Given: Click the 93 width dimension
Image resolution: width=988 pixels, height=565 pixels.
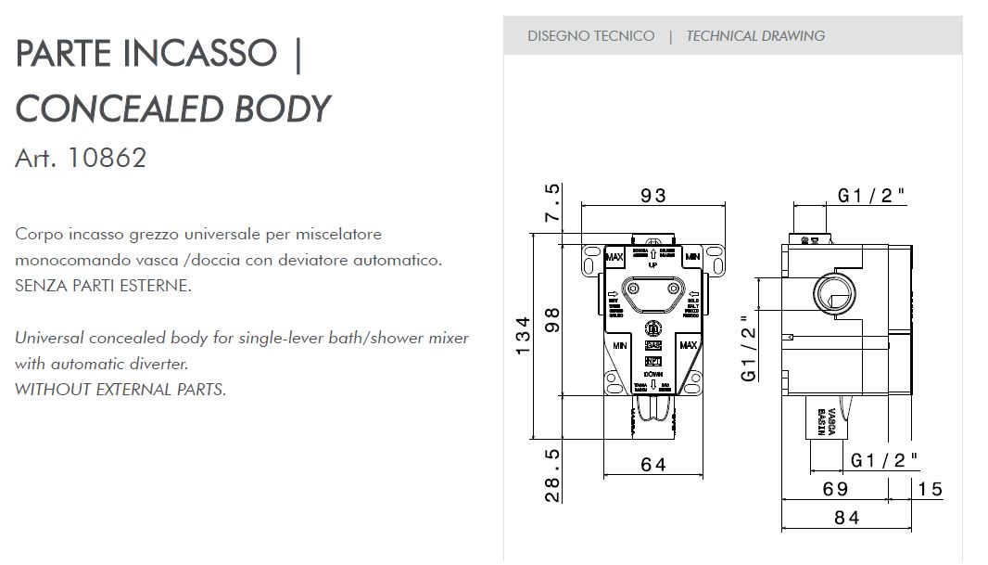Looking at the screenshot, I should (653, 196).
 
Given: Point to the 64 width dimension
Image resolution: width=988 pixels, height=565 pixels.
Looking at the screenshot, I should (653, 465).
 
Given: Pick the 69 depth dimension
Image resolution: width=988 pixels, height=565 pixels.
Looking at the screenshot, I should (836, 489).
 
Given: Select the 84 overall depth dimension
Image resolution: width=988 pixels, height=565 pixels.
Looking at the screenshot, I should (846, 519).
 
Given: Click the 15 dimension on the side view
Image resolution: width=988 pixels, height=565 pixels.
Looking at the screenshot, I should (931, 489).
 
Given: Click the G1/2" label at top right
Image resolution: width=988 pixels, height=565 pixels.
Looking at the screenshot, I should (871, 196).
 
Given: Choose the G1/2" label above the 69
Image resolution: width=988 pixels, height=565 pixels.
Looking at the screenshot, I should (884, 459).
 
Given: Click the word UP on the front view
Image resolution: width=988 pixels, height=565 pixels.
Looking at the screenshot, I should (653, 264).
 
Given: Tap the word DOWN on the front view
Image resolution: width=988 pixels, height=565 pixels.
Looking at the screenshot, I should (653, 375).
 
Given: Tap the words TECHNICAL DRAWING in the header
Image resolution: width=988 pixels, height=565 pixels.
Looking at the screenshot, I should (755, 36).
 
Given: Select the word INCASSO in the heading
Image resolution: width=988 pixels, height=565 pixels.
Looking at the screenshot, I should (199, 54).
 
